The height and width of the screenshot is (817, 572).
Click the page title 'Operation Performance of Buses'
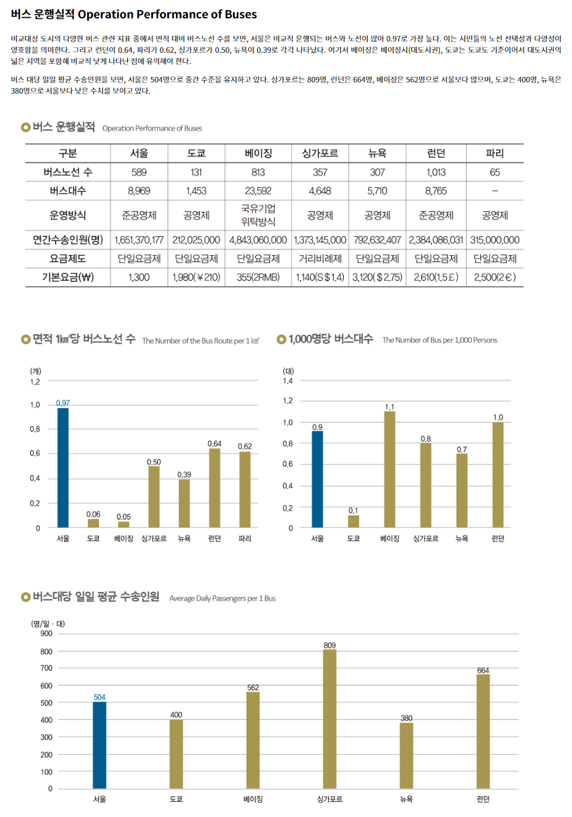tap(167, 14)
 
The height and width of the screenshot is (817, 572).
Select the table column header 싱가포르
tap(320, 153)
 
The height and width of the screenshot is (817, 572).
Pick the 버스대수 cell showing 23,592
tap(258, 191)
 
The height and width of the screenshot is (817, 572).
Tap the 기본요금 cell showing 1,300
tap(139, 277)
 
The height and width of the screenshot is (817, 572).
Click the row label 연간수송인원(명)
tap(68, 240)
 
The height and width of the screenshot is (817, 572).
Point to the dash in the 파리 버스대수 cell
tap(494, 191)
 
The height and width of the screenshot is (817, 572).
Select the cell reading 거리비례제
tap(320, 259)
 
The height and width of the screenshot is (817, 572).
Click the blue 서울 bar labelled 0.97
tap(63, 467)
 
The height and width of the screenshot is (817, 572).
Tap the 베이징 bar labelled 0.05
tap(123, 524)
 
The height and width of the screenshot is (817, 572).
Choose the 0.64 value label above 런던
tap(215, 444)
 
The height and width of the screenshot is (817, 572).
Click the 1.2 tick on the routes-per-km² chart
tap(35, 382)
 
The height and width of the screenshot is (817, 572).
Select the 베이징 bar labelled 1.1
tap(389, 469)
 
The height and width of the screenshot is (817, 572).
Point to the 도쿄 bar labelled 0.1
tap(353, 521)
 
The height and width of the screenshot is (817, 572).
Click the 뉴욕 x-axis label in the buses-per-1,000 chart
tap(462, 539)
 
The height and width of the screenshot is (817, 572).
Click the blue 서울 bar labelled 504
tap(100, 745)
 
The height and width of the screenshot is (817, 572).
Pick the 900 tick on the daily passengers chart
tap(46, 633)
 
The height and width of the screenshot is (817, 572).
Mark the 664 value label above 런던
tap(483, 671)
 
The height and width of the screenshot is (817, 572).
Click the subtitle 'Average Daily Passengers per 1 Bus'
tap(222, 598)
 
